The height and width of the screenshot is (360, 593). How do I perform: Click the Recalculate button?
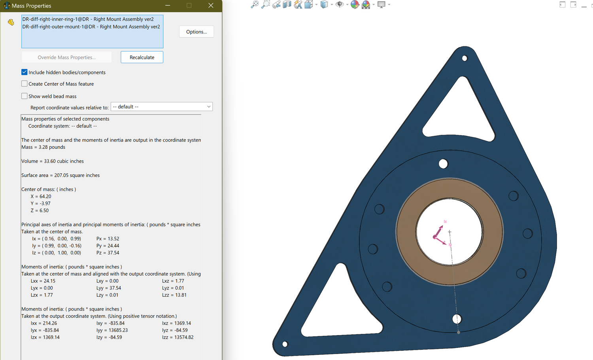point(142,57)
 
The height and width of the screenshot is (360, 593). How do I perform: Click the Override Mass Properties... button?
point(66,57)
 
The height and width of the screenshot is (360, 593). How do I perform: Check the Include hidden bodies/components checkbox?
point(25,72)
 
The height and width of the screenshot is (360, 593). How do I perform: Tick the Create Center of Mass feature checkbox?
point(25,84)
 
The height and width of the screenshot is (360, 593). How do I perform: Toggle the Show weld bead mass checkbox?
point(25,96)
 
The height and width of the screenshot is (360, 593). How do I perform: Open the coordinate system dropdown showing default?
point(162,107)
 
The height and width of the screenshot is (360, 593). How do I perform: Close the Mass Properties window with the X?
point(211,6)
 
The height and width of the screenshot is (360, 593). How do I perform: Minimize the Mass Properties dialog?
point(168,6)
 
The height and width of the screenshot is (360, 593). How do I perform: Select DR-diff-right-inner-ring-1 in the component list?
point(88,19)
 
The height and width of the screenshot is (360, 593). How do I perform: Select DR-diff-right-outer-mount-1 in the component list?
point(91,27)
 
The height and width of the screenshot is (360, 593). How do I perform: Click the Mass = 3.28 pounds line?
point(43,147)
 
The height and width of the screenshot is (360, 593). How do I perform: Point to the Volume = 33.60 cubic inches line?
point(53,161)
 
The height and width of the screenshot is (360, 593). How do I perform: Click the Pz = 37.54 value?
point(108,253)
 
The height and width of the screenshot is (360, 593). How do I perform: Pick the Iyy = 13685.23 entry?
point(112,330)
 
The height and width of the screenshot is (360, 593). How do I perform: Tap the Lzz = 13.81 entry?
point(174,295)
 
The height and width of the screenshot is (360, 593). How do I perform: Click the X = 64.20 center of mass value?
point(41,197)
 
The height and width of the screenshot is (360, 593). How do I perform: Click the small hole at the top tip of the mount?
point(465,58)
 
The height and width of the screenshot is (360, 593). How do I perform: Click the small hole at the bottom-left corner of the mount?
point(285,344)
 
